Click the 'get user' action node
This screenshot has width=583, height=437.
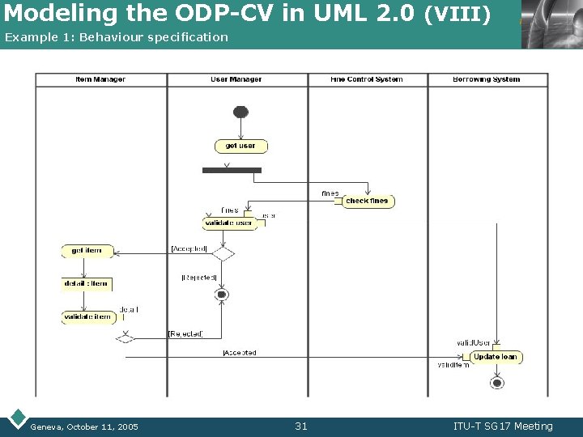(240, 146)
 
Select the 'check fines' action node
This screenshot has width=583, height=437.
(368, 201)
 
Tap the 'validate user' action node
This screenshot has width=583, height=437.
(229, 223)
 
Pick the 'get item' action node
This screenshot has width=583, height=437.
(87, 251)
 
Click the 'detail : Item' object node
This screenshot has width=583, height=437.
(87, 284)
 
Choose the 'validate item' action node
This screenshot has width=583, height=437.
(89, 317)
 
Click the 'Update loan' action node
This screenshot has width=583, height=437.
(496, 357)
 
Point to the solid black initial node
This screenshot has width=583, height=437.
(240, 112)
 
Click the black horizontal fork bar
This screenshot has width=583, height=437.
(232, 170)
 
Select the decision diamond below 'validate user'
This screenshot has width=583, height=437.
(223, 254)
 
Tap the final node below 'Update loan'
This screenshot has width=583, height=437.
(497, 383)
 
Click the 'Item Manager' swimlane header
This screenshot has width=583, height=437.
(100, 79)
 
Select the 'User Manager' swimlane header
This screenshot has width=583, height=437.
(236, 79)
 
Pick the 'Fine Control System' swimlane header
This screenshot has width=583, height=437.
(367, 79)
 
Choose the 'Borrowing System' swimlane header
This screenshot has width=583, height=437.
(487, 79)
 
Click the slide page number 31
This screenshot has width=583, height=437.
(301, 426)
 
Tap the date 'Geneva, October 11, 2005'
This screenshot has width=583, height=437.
(84, 426)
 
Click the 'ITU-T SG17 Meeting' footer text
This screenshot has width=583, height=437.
(503, 426)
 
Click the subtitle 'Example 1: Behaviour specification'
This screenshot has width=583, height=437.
(117, 37)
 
